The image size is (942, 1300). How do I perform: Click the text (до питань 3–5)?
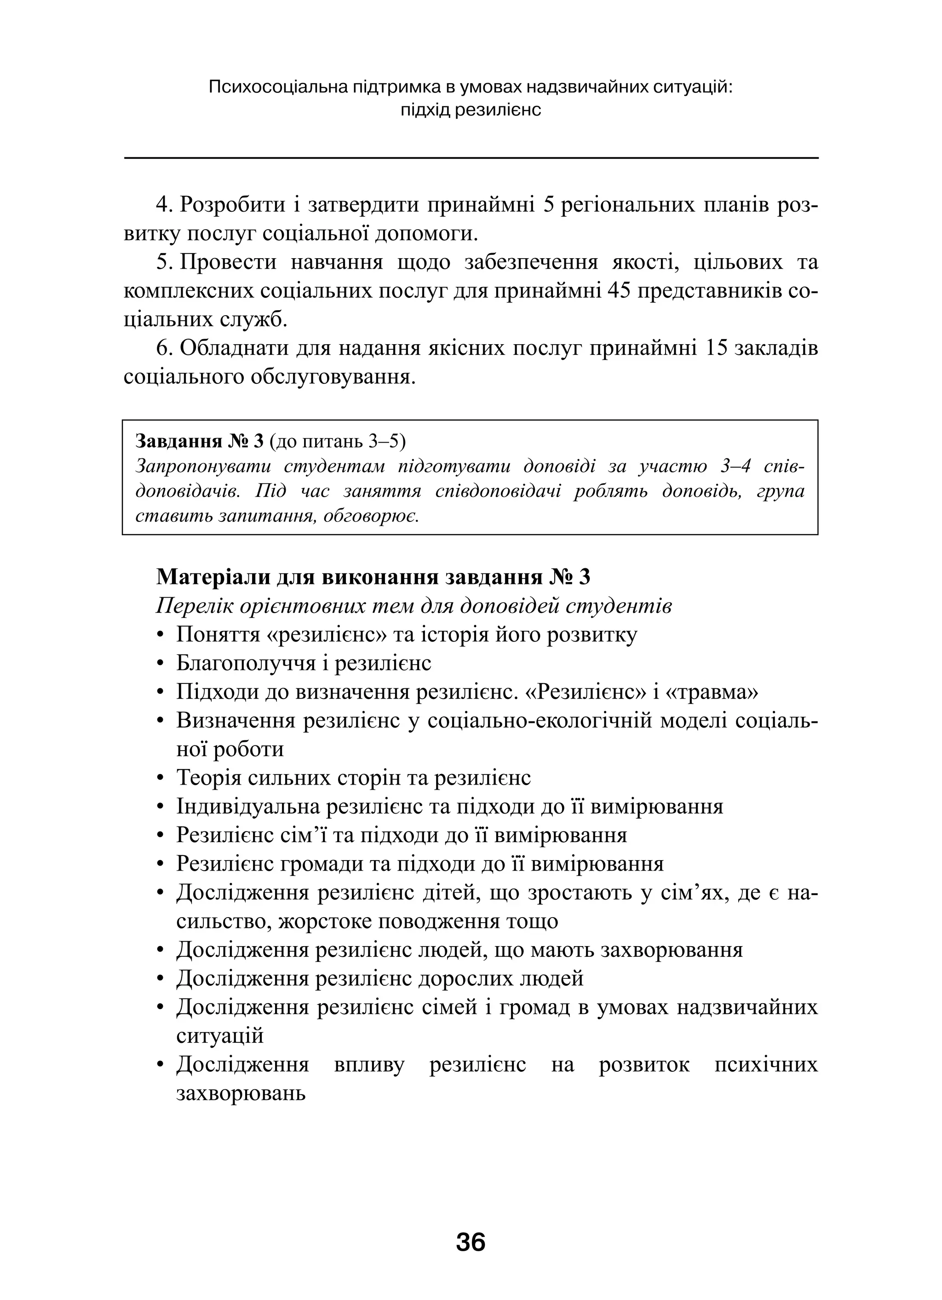point(337,441)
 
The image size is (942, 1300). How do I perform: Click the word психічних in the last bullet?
point(766,1064)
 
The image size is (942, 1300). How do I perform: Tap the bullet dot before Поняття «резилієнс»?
point(161,636)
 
